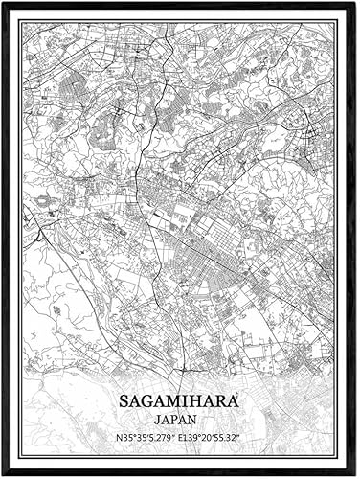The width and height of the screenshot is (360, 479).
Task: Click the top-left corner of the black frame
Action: pos(4,3)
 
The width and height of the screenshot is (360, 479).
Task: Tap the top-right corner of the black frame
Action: pos(356,3)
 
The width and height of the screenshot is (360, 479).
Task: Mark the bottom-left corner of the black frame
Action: pos(4,475)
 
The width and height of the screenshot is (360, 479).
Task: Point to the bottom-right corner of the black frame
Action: pos(356,475)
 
